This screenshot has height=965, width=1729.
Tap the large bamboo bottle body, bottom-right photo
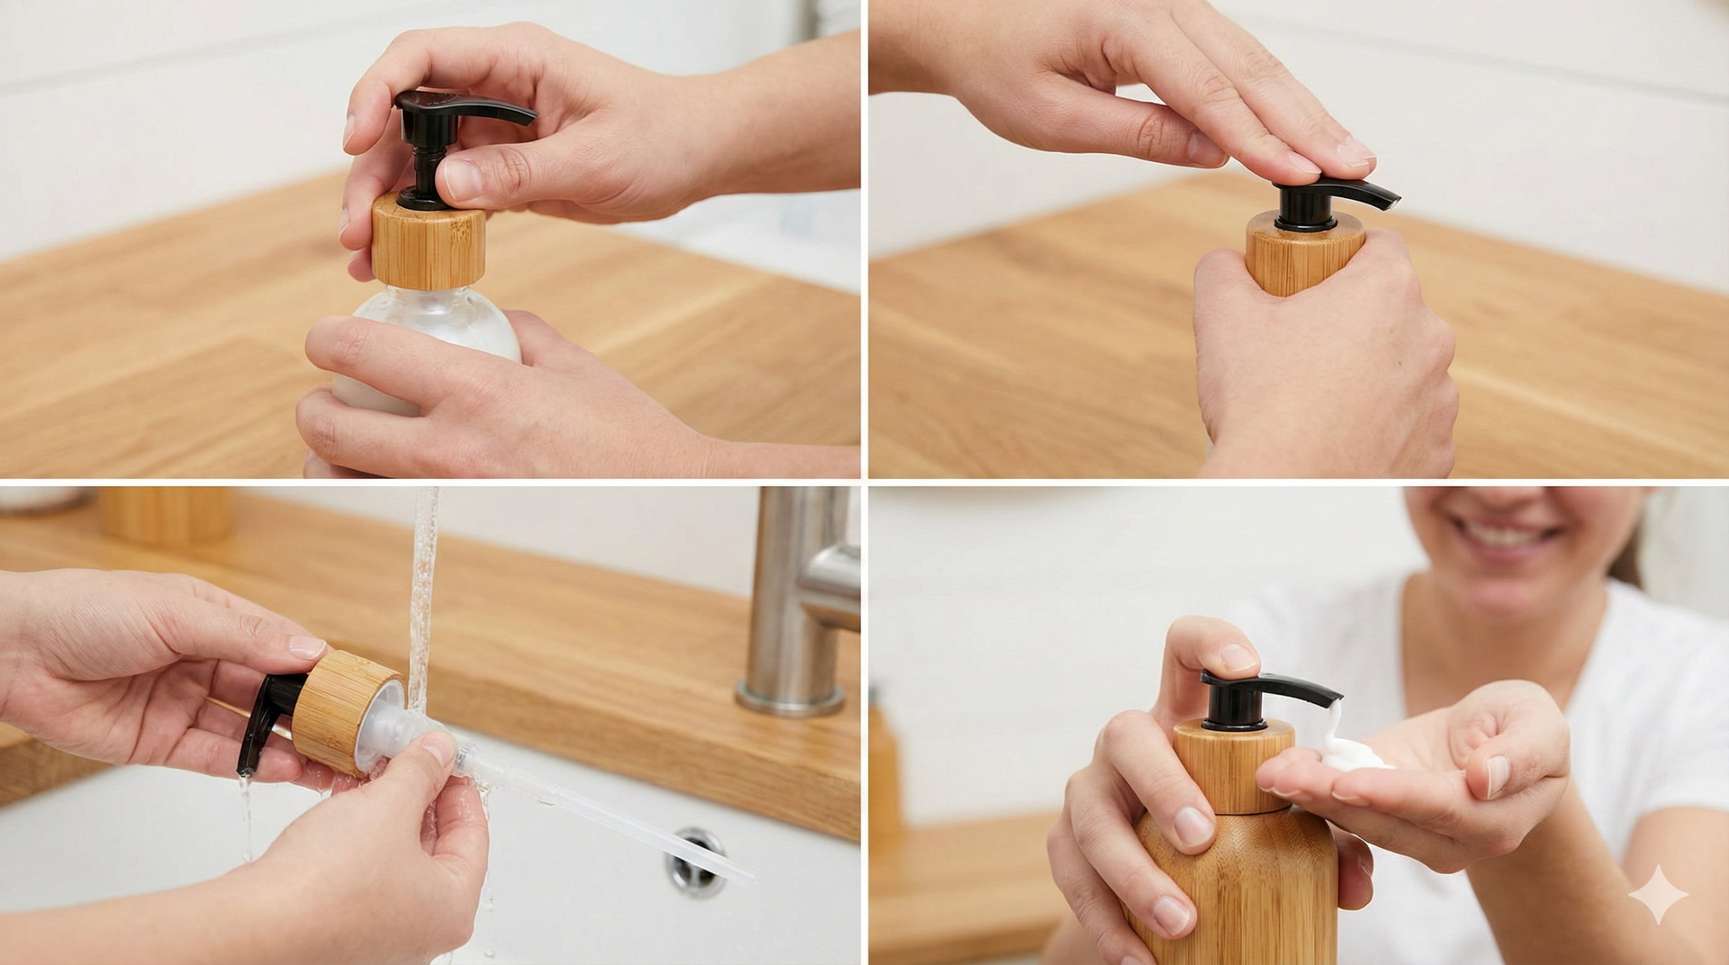[x=1236, y=898]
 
